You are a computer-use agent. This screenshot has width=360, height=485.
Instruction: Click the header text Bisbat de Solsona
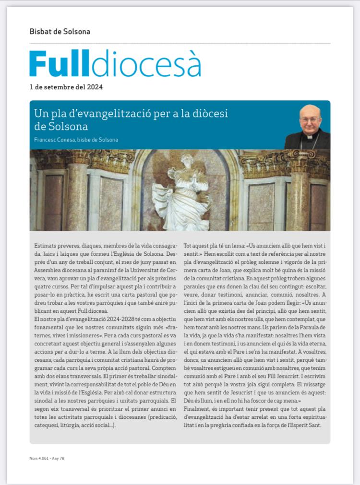click(60, 32)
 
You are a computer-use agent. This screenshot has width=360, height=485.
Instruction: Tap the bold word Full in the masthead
click(60, 63)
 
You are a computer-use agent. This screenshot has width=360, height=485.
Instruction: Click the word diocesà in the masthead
click(146, 63)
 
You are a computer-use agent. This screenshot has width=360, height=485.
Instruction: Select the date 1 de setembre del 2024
click(66, 87)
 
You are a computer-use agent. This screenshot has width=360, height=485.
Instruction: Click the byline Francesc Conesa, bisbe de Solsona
click(76, 140)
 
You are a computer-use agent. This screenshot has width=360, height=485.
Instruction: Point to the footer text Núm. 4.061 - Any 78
click(47, 458)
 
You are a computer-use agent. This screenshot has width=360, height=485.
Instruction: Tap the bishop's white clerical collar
click(310, 136)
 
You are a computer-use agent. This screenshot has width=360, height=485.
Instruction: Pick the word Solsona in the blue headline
click(68, 127)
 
